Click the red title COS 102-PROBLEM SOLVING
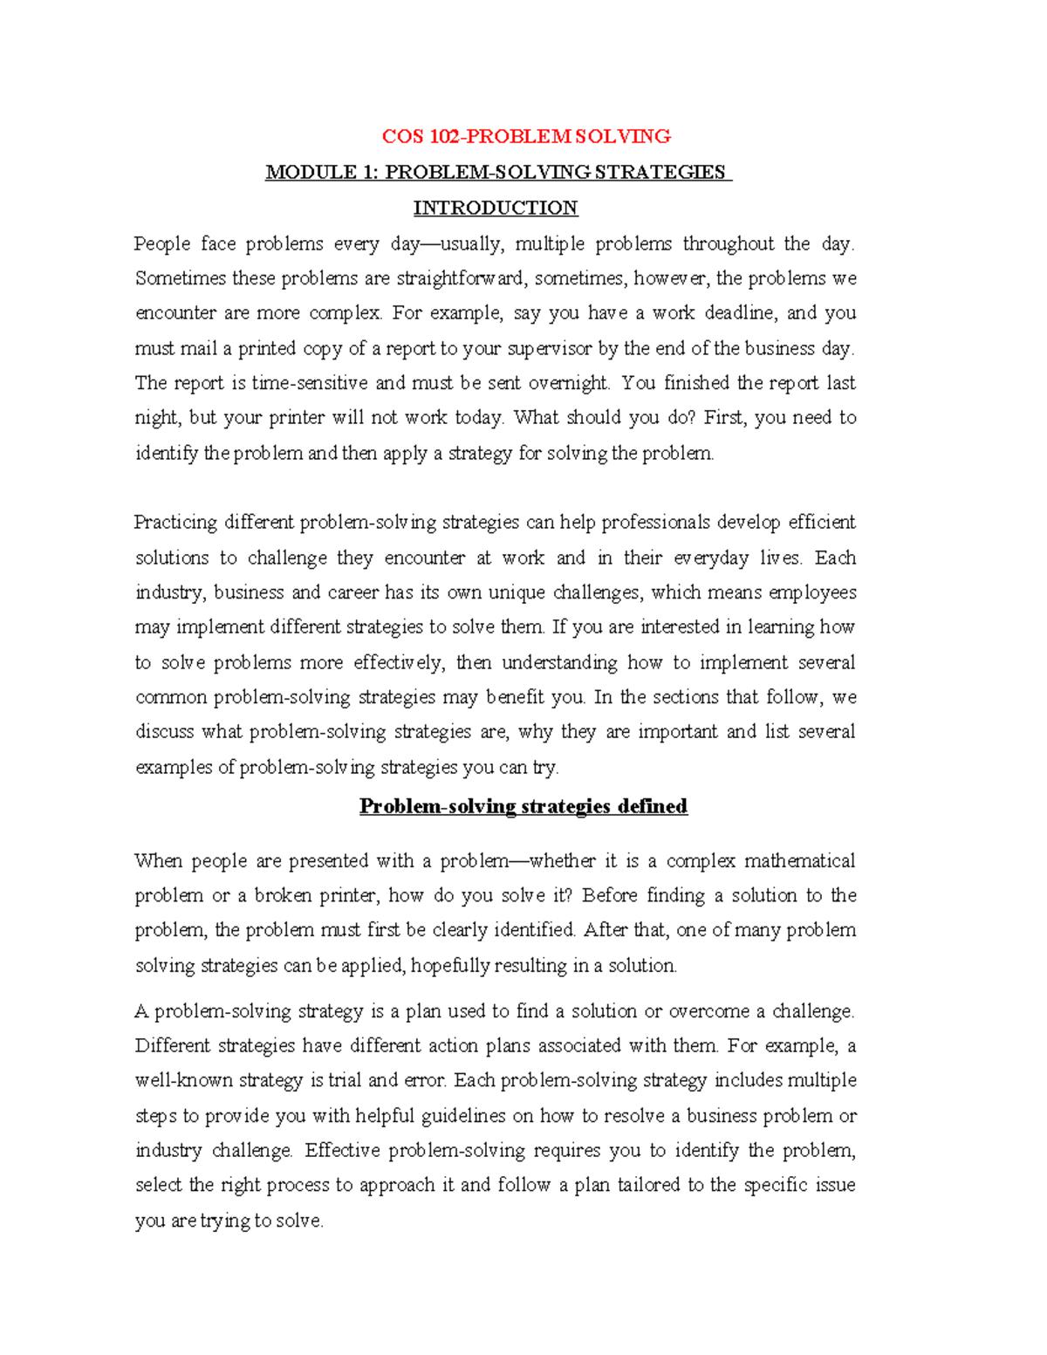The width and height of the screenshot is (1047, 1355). pos(526,136)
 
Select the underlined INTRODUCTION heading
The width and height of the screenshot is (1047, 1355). pos(495,208)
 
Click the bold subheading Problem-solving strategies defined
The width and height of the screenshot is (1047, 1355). pos(523,806)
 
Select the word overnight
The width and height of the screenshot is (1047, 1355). pos(568,383)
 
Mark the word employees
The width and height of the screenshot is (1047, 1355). pos(811,592)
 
